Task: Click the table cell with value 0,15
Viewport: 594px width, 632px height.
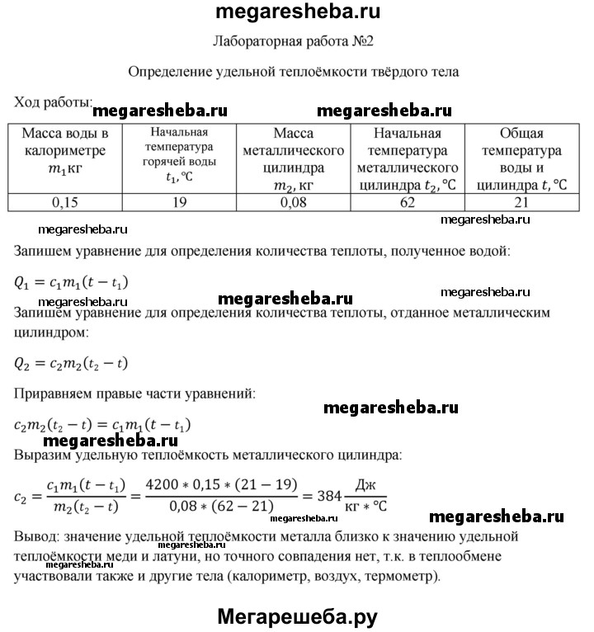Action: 65,203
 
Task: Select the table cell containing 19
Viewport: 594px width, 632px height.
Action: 179,203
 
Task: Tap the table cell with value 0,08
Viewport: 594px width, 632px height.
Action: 294,203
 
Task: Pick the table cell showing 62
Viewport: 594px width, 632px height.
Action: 407,203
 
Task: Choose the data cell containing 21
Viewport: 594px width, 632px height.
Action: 521,203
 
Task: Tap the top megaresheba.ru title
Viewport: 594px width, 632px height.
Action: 296,12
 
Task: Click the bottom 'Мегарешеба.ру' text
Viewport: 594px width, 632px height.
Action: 297,615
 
